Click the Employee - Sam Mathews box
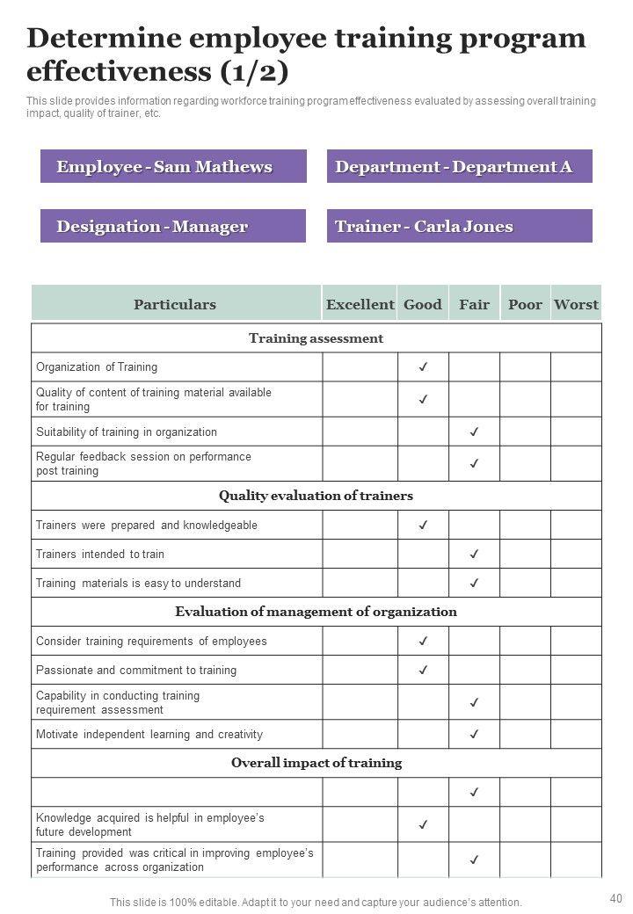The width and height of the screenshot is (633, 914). pyautogui.click(x=173, y=167)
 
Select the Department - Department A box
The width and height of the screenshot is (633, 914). pyautogui.click(x=459, y=167)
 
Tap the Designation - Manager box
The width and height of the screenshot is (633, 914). pyautogui.click(x=173, y=227)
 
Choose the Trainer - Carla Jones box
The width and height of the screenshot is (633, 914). pyautogui.click(x=459, y=227)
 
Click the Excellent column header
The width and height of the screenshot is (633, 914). pyautogui.click(x=360, y=304)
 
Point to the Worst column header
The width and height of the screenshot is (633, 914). pyautogui.click(x=576, y=304)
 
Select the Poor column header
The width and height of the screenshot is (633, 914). pyautogui.click(x=525, y=304)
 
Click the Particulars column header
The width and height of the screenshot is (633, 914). pyautogui.click(x=175, y=304)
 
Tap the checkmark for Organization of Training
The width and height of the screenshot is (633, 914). pyautogui.click(x=423, y=367)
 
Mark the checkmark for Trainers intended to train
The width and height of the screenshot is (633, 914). pyautogui.click(x=474, y=554)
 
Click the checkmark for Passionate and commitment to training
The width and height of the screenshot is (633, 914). pyautogui.click(x=423, y=670)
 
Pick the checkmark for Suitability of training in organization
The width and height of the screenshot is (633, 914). pyautogui.click(x=474, y=432)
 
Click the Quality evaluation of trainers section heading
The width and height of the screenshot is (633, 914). pyautogui.click(x=316, y=496)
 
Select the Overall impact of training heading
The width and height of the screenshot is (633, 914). pyautogui.click(x=316, y=763)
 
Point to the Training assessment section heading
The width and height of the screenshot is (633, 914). pyautogui.click(x=316, y=338)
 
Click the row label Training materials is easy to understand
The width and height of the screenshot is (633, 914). pyautogui.click(x=138, y=583)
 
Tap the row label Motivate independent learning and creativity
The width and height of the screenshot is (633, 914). pyautogui.click(x=149, y=734)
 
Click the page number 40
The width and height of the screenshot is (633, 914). pyautogui.click(x=615, y=898)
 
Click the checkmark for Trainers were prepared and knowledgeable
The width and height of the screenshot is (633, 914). pyautogui.click(x=423, y=525)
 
